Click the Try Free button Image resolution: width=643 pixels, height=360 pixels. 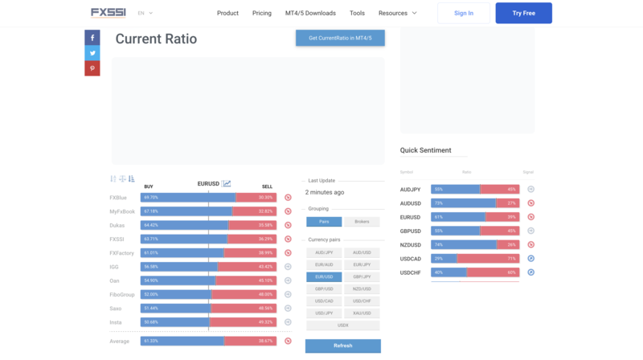pos(523,13)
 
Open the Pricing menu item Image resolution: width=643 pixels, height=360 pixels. pos(261,13)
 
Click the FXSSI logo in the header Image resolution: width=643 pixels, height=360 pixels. pos(109,13)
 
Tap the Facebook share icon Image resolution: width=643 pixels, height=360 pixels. pos(92,37)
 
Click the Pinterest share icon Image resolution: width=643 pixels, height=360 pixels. pos(92,68)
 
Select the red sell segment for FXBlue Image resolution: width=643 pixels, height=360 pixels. pos(256,197)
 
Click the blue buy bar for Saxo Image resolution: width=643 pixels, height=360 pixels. pos(175,308)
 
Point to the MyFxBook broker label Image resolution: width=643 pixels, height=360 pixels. pos(122,211)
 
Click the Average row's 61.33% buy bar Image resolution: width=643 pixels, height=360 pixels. pos(182,342)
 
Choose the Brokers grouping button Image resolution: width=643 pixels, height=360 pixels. pos(362,222)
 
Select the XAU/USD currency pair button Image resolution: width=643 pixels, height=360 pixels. pos(362,313)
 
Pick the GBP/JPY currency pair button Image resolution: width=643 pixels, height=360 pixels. pos(362,276)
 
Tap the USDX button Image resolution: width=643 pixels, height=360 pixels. pos(343,325)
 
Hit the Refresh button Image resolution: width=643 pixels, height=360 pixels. pos(342,346)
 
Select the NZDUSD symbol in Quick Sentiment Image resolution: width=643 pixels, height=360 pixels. pos(410,244)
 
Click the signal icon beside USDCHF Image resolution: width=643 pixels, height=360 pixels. pos(531,272)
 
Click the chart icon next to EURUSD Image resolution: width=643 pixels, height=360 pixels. pos(227,184)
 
